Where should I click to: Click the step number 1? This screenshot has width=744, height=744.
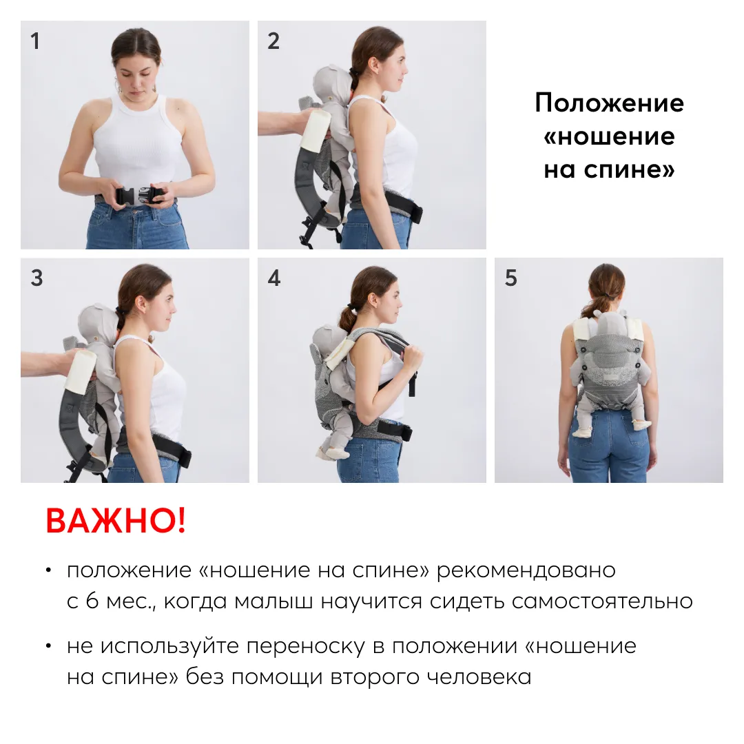click(34, 41)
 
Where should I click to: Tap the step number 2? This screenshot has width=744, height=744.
click(273, 41)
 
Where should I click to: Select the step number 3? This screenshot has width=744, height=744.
click(37, 278)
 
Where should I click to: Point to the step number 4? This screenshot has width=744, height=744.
click(273, 278)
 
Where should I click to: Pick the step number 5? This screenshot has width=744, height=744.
click(510, 278)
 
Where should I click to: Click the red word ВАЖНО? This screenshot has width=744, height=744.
click(116, 521)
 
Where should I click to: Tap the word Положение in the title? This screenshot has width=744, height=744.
click(609, 103)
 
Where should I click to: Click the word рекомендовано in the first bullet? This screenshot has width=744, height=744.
click(526, 570)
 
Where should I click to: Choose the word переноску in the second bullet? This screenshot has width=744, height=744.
click(305, 646)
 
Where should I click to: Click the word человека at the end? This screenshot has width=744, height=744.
click(479, 677)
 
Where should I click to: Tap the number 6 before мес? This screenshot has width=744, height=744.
click(92, 601)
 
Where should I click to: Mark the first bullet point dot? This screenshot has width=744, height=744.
click(48, 570)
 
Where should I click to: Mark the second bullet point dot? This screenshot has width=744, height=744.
click(48, 646)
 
